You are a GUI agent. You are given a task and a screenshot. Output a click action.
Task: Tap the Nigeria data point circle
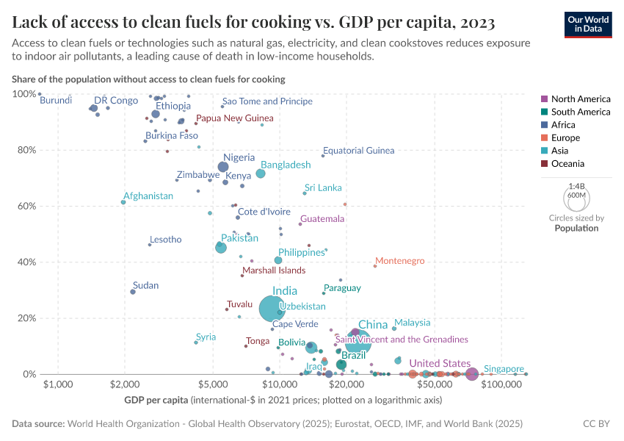coord(223,167)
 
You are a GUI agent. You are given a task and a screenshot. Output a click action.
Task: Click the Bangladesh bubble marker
coord(261,173)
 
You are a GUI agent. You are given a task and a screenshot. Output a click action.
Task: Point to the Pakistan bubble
coord(221,248)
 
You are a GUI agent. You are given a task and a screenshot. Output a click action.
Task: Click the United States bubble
coord(472,374)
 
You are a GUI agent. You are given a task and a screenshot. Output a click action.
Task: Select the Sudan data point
coord(133,292)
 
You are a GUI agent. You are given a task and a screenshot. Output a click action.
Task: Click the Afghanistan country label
coord(148,196)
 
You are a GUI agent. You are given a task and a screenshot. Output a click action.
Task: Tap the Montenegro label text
coord(399,261)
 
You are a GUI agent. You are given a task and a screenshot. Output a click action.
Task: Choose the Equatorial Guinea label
coord(358,151)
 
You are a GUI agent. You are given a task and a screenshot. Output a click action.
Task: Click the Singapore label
coord(504,368)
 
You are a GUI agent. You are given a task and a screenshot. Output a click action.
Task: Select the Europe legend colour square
coord(544,138)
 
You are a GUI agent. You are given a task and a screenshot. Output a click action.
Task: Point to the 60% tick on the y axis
coord(25,206)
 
